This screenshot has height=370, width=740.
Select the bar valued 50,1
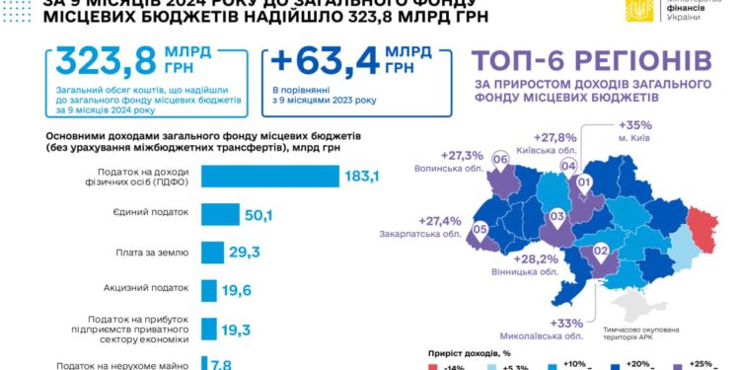point(220,214)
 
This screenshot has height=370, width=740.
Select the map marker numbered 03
point(556,215)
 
